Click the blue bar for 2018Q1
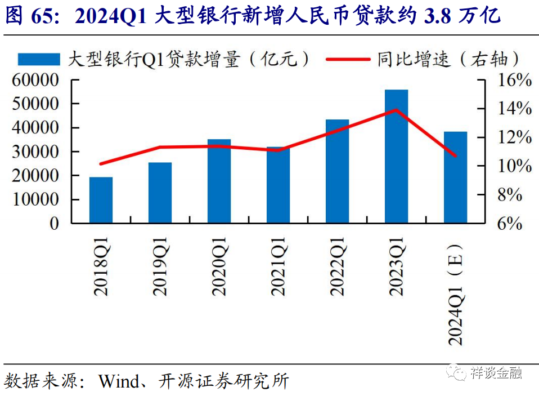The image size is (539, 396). pyautogui.click(x=101, y=201)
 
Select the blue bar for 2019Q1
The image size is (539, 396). pyautogui.click(x=160, y=193)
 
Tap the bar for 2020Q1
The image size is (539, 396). pyautogui.click(x=219, y=181)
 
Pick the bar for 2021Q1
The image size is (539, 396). pyautogui.click(x=278, y=185)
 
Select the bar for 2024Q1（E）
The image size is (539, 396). pyautogui.click(x=455, y=177)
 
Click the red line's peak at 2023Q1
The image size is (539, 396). pyautogui.click(x=396, y=110)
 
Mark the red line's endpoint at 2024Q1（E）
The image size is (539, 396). pyautogui.click(x=455, y=155)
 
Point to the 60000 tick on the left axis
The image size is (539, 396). pyautogui.click(x=34, y=80)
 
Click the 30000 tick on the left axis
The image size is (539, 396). pyautogui.click(x=34, y=152)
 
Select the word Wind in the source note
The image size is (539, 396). pyautogui.click(x=118, y=381)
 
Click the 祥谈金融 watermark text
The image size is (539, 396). pyautogui.click(x=496, y=372)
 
